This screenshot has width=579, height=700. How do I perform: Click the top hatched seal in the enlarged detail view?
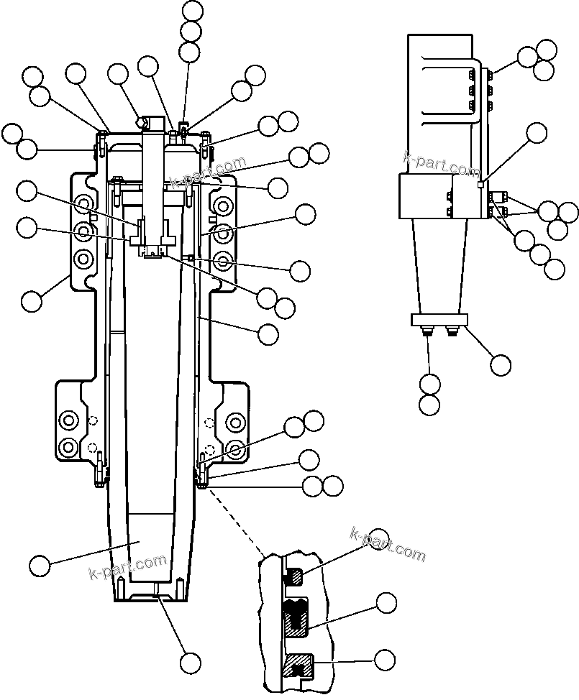coord(295,576)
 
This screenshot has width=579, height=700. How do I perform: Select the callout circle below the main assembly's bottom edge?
coord(191,662)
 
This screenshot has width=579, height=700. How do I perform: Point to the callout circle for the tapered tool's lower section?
coord(40,566)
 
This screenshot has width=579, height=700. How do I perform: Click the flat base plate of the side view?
coord(439,318)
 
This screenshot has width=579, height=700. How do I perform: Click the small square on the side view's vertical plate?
coord(480,185)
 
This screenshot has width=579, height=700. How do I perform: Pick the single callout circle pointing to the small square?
coord(537,133)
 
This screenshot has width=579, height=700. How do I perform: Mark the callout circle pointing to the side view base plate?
coord(501,364)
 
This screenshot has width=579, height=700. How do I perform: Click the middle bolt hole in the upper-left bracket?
coord(83,231)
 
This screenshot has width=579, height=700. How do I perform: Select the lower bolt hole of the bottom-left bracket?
coord(70,446)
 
